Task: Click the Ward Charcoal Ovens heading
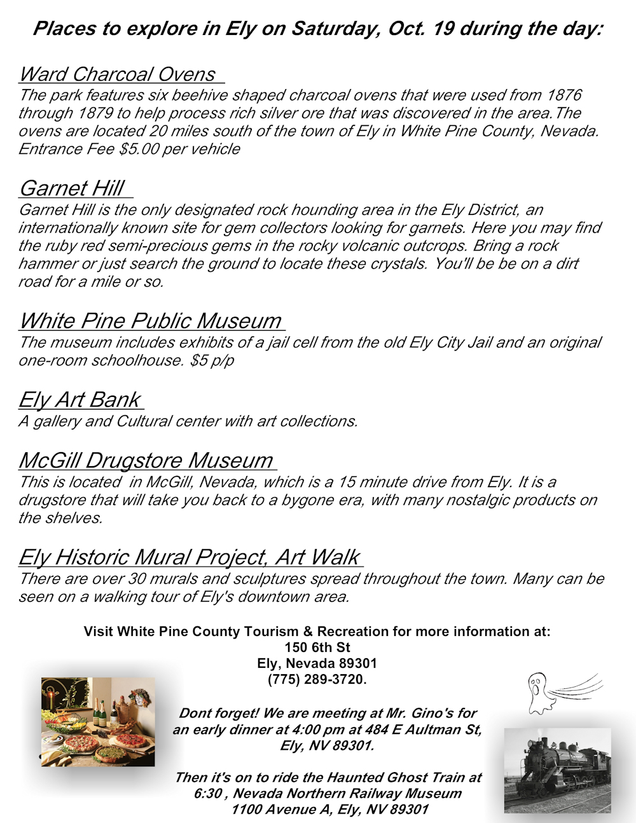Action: pos(118,74)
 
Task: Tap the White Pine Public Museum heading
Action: pos(150,321)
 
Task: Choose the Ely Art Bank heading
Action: pos(79,399)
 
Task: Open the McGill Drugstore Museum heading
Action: pos(146,460)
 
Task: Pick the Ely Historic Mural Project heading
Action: pos(189,557)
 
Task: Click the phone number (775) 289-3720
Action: pos(317,679)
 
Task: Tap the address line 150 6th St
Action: pos(317,647)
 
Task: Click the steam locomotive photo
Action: pos(557,770)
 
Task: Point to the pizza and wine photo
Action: pos(98,722)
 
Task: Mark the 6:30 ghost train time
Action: pos(209,794)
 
